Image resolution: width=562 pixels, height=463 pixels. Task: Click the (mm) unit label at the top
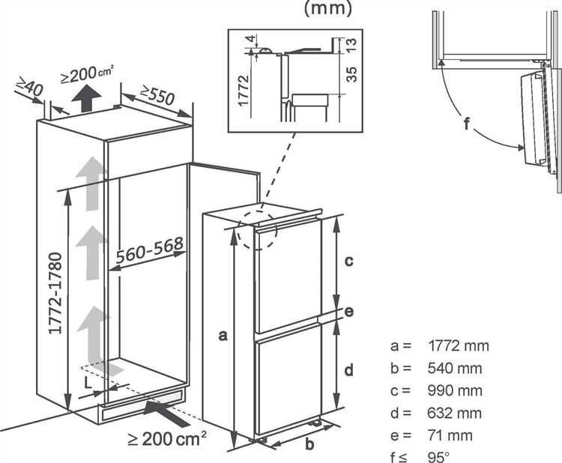pyautogui.click(x=327, y=8)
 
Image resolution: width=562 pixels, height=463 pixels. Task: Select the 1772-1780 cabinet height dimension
pyautogui.click(x=55, y=293)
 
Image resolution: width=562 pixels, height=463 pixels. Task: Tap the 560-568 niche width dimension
pyautogui.click(x=149, y=249)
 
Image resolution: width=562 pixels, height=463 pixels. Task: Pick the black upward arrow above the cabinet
pyautogui.click(x=86, y=99)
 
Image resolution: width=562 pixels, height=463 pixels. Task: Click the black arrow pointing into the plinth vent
pyautogui.click(x=166, y=413)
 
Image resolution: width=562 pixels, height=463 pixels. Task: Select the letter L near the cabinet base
pyautogui.click(x=88, y=383)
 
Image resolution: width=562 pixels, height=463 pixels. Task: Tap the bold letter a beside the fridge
pyautogui.click(x=223, y=336)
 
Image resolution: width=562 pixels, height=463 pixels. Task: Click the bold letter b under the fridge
pyautogui.click(x=309, y=444)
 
